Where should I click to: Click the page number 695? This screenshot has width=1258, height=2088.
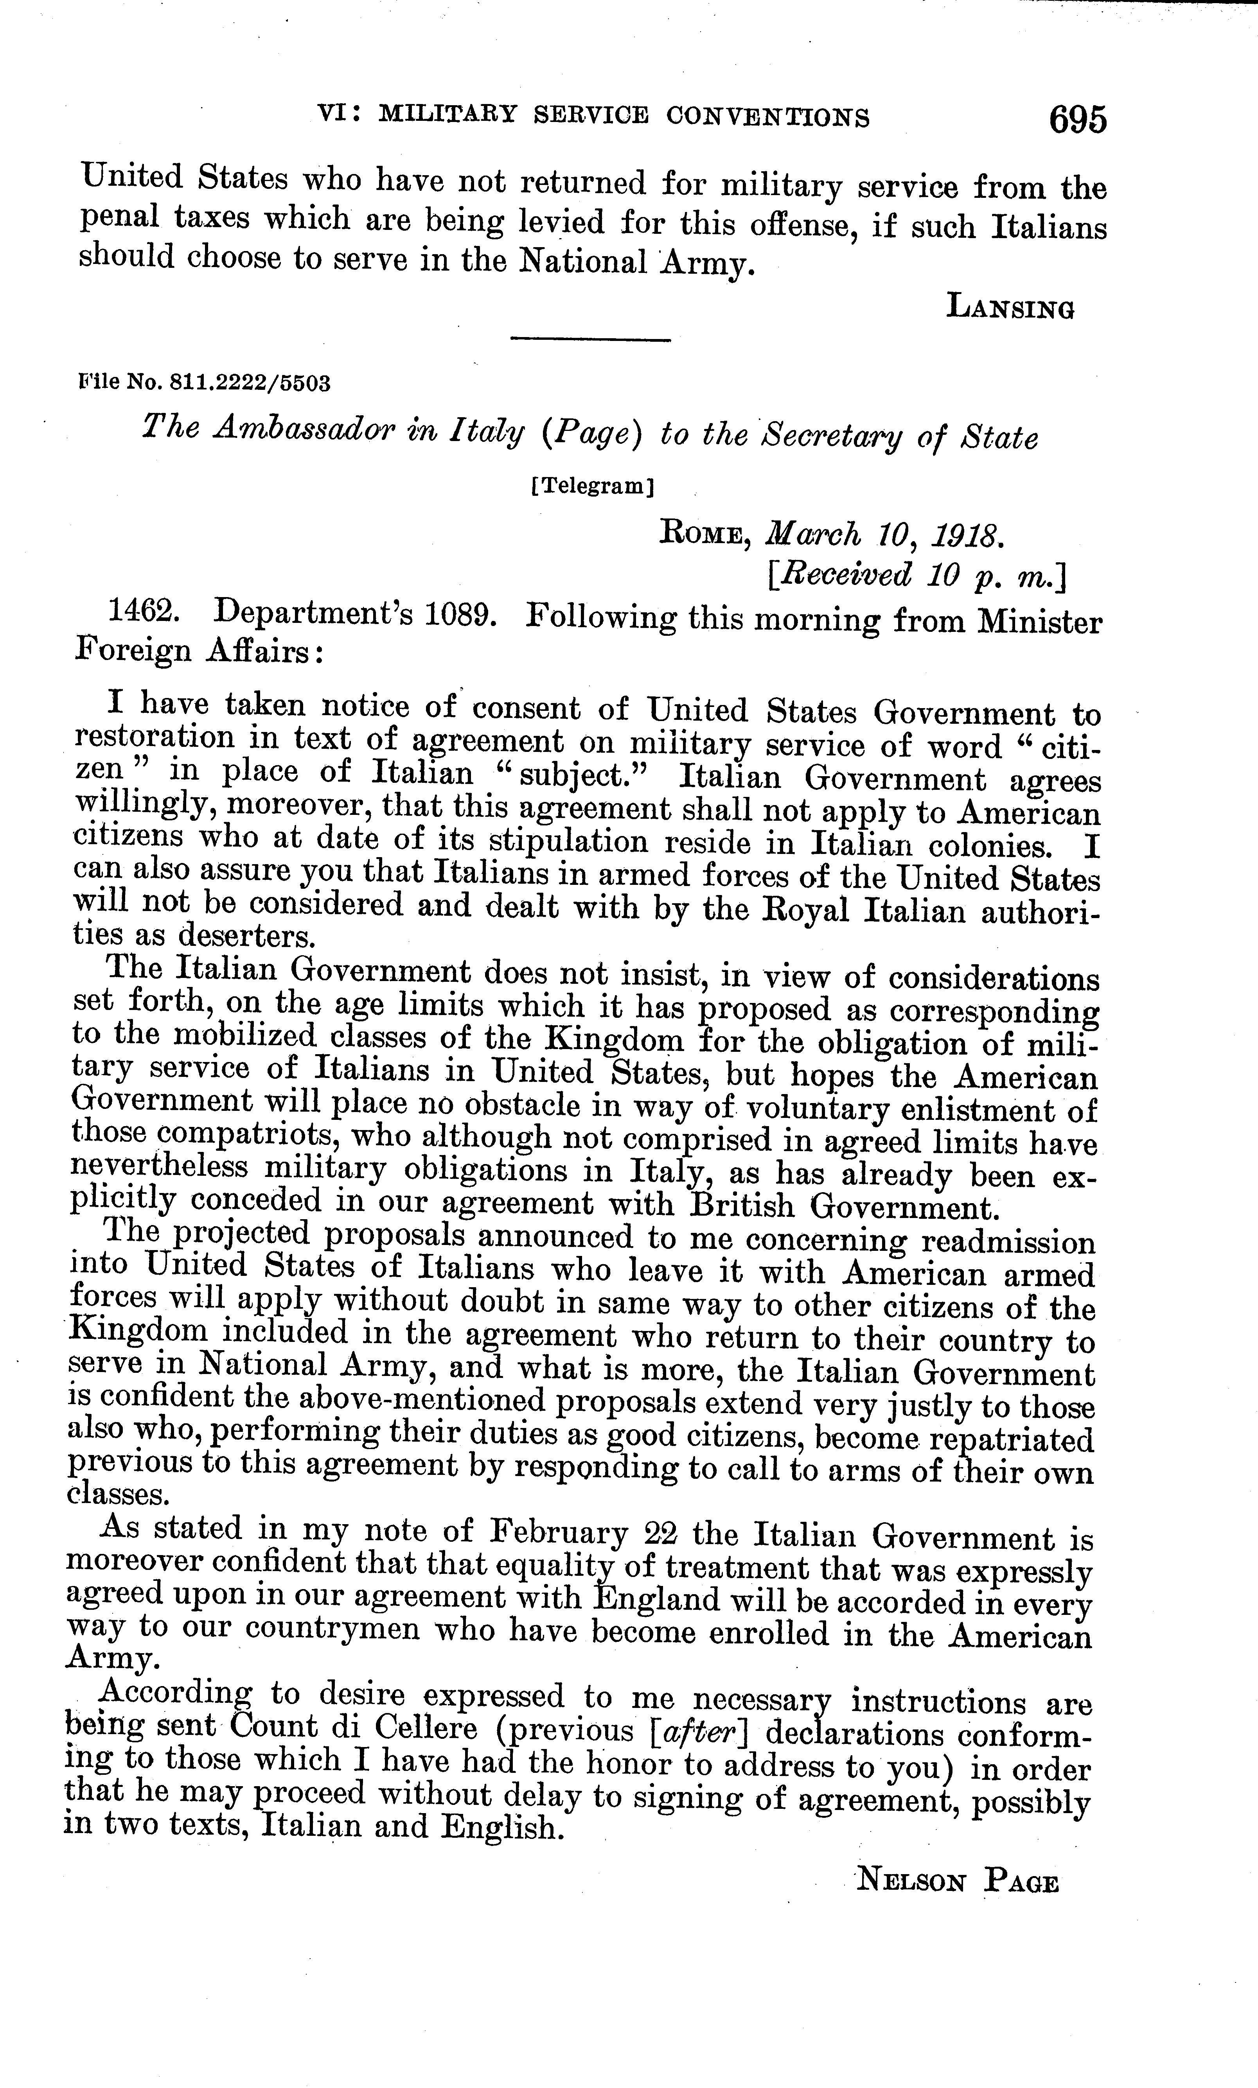click(x=1077, y=120)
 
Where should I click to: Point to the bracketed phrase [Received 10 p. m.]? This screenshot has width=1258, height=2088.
click(x=915, y=576)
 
